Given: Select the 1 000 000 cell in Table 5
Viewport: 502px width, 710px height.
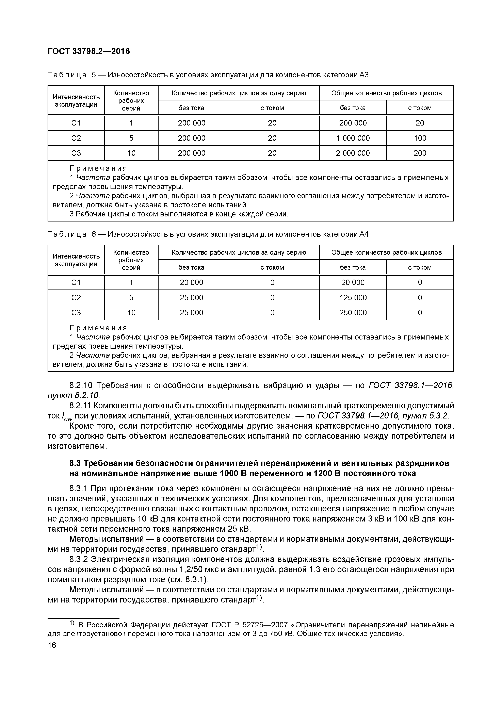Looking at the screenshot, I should (353, 138).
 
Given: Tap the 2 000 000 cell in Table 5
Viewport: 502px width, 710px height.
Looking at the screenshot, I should (353, 153).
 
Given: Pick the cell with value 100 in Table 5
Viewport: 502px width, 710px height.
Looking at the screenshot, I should (420, 138).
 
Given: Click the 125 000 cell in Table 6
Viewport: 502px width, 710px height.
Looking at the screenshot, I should (353, 298).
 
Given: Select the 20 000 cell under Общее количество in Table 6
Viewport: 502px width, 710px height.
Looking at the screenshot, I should (353, 283).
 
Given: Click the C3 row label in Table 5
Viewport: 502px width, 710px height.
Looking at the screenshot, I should (76, 153).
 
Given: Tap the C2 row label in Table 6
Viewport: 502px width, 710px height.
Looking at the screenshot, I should (76, 298).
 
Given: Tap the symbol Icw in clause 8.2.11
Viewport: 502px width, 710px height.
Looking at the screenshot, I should (66, 417).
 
